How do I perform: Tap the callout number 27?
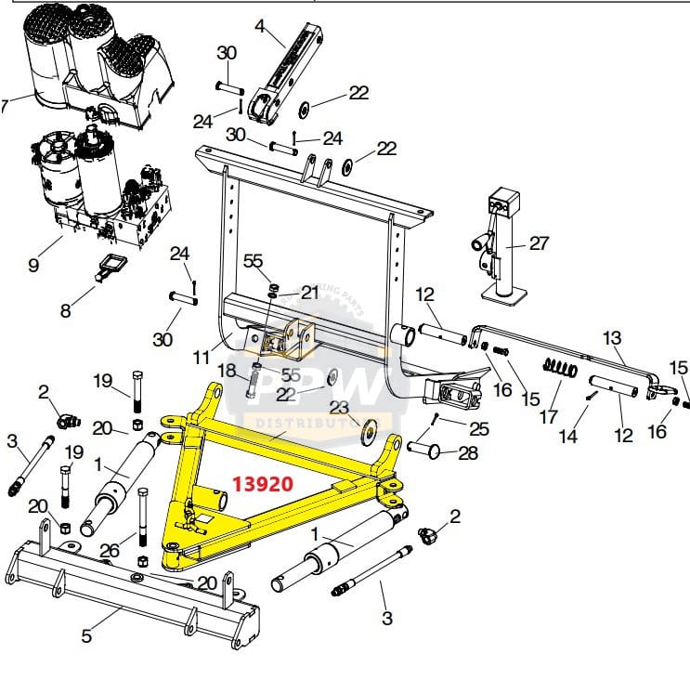[x=540, y=243]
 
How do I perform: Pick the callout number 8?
[x=65, y=311]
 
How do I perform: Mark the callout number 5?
[x=86, y=636]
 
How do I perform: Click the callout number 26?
[x=110, y=550]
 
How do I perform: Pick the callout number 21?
[x=309, y=292]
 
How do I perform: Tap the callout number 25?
[x=478, y=428]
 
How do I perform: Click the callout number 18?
[x=227, y=371]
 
